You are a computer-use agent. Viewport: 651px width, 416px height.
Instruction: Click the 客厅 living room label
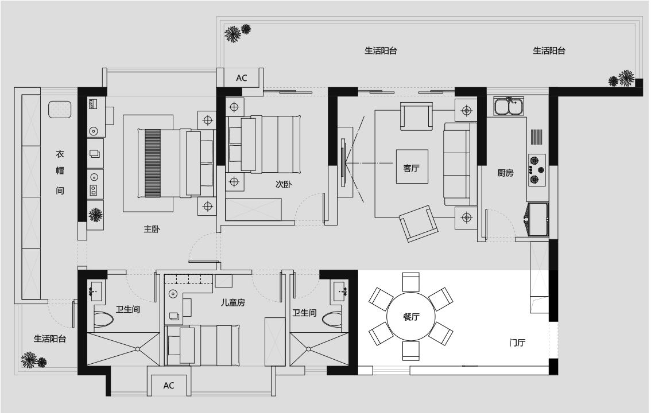point(411,168)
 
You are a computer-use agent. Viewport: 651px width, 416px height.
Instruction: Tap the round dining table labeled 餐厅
point(411,317)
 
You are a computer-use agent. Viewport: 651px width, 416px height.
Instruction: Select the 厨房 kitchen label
point(505,173)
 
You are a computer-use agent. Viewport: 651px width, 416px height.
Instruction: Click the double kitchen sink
point(509,106)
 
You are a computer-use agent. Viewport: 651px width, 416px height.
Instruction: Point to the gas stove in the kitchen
point(536,169)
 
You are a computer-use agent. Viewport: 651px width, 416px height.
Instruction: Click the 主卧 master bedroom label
point(152,229)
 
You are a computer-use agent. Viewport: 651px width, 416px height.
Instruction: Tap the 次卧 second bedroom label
point(284,184)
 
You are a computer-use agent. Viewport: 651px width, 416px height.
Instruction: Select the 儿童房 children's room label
point(233,302)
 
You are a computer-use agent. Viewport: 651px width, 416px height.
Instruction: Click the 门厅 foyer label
point(517,343)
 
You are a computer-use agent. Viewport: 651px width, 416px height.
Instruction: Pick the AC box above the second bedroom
point(242,78)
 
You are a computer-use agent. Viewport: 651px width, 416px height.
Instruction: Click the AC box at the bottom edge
point(169,385)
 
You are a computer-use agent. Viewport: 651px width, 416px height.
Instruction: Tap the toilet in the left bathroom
point(103,320)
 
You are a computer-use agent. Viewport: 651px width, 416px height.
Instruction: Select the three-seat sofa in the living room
point(460,164)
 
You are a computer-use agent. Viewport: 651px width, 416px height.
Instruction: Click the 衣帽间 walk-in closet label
point(60,172)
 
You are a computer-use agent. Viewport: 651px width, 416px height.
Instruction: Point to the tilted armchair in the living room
point(418,224)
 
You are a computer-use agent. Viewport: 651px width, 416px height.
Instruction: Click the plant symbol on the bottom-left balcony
point(34,360)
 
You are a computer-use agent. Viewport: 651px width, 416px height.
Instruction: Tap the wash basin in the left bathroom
point(96,291)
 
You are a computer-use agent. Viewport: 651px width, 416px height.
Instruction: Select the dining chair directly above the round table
point(411,282)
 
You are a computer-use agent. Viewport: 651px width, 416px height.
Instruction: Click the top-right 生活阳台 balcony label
point(549,50)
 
